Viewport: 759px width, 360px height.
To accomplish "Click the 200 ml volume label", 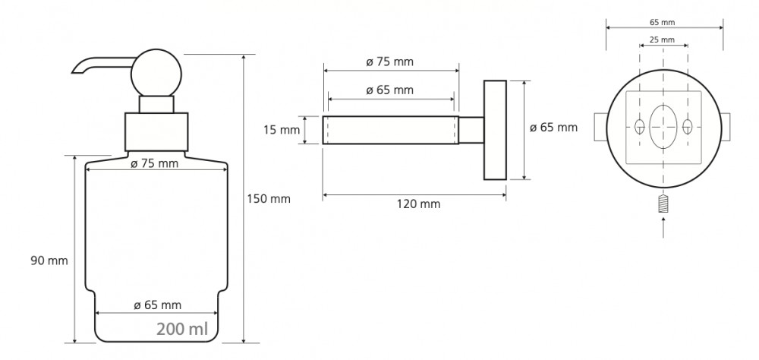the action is [182, 329].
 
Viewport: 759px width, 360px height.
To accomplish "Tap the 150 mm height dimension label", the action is [269, 199].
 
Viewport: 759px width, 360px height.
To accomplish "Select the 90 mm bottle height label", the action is [49, 261].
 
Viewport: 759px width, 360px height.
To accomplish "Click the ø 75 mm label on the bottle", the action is [154, 164].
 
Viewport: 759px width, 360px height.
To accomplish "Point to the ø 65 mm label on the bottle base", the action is [157, 305].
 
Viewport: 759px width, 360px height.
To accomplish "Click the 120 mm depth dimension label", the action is [419, 204].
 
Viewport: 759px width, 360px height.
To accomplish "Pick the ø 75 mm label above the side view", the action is [389, 62].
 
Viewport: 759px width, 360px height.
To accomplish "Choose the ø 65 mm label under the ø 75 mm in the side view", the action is [389, 90].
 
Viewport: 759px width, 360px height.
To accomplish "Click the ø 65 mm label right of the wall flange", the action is [554, 128].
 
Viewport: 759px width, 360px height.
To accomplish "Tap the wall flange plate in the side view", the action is [495, 130].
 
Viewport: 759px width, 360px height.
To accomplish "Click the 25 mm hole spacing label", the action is [662, 39].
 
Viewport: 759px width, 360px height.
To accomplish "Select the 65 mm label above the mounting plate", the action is [662, 22].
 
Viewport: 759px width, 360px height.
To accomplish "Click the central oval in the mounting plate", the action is [663, 127].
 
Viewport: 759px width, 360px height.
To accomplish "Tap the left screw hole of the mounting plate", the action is [639, 127].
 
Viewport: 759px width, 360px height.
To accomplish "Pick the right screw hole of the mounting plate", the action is [688, 127].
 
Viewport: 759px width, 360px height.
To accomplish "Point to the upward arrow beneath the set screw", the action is [663, 227].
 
